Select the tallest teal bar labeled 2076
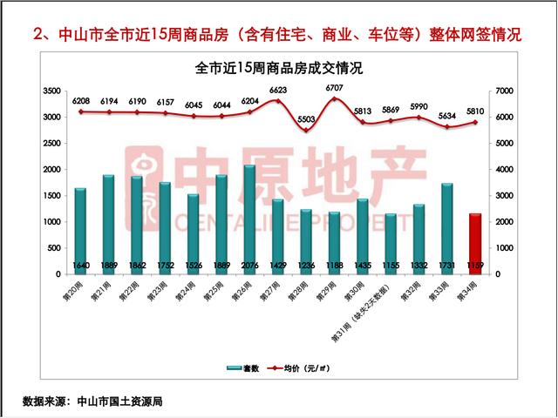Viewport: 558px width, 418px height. (249, 219)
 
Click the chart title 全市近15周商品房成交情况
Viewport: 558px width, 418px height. (278, 68)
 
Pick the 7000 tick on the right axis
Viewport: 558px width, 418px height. (503, 91)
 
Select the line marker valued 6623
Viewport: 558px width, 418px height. (278, 101)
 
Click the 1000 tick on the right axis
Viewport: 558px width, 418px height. (503, 248)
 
